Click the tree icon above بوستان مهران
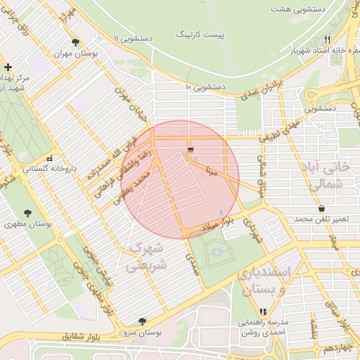(75, 42)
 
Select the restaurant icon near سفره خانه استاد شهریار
(327, 39)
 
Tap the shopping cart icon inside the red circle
(191, 150)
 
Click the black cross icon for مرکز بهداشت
(8, 66)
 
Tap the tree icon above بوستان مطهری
(27, 212)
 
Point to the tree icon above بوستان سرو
(143, 321)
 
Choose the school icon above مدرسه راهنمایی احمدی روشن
(263, 311)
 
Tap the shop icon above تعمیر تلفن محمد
(322, 209)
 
